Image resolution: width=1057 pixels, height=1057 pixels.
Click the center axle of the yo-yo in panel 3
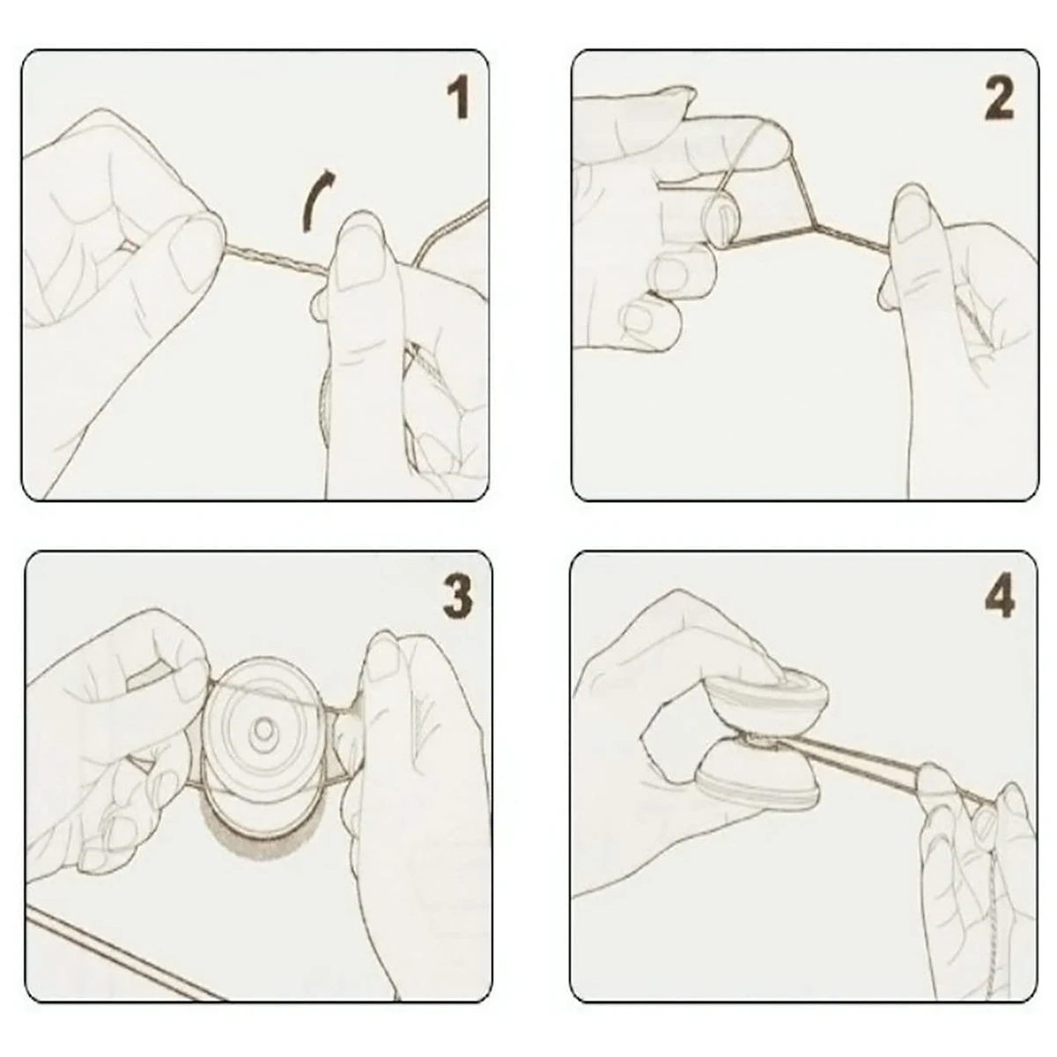click(265, 729)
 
